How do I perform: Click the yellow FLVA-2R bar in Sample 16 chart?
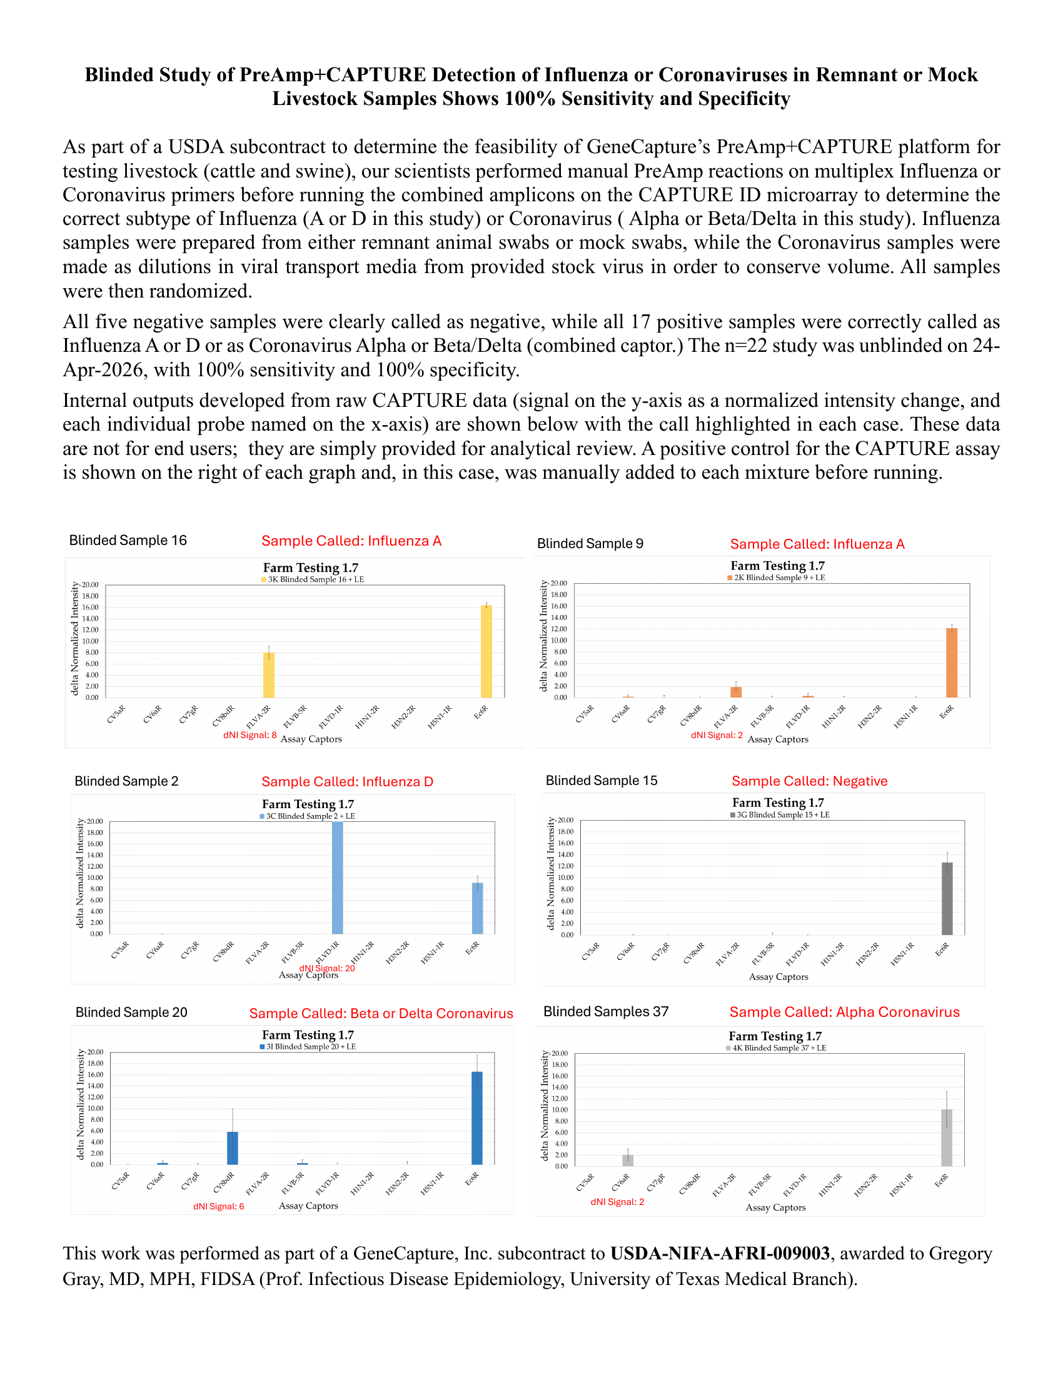click(x=268, y=675)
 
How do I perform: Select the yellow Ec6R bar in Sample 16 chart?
click(x=486, y=652)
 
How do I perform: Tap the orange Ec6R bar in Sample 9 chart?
click(x=952, y=663)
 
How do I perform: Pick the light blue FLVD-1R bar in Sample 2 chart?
click(x=338, y=877)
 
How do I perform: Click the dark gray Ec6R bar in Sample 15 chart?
click(x=947, y=898)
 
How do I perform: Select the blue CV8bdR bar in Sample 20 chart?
click(x=233, y=1148)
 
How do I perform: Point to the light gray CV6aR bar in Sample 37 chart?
click(x=628, y=1161)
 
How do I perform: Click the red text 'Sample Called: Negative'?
click(x=809, y=781)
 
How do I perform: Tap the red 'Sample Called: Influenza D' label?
click(x=347, y=782)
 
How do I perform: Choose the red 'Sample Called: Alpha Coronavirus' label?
click(x=845, y=1012)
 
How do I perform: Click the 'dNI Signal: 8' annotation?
click(x=249, y=736)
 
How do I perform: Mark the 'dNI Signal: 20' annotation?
click(x=327, y=968)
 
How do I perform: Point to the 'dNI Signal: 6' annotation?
click(x=218, y=1206)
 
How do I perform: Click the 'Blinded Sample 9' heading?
click(x=590, y=544)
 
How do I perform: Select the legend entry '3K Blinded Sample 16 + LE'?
click(x=313, y=580)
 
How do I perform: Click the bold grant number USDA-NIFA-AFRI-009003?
click(x=720, y=1254)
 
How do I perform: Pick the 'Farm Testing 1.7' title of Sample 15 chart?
click(x=778, y=802)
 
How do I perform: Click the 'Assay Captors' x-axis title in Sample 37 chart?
click(x=775, y=1207)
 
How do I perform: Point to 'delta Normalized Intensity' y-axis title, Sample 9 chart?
click(x=543, y=636)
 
